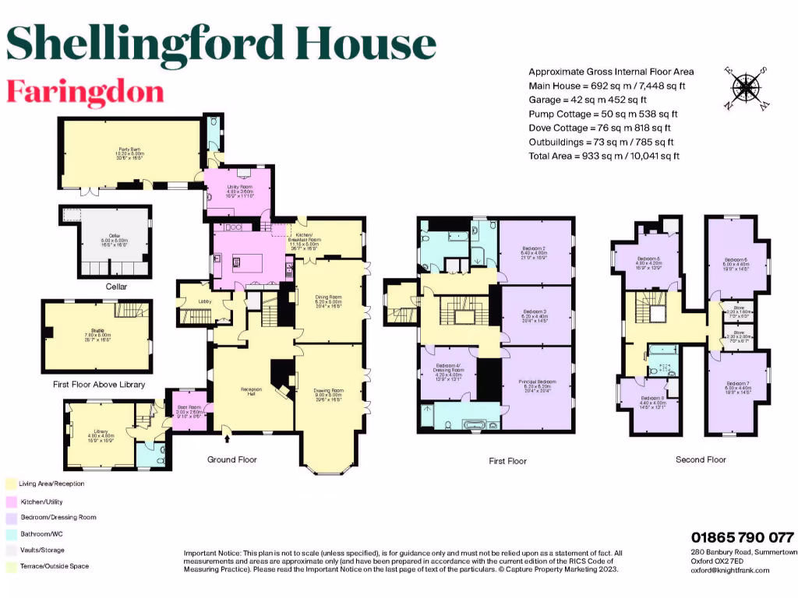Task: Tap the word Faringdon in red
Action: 85,91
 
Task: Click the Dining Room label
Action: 330,298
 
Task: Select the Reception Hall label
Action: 251,390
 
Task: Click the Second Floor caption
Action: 701,460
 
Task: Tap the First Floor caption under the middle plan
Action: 507,461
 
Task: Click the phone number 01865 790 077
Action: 742,537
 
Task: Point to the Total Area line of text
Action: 604,156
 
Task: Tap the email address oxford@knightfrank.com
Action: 730,571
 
